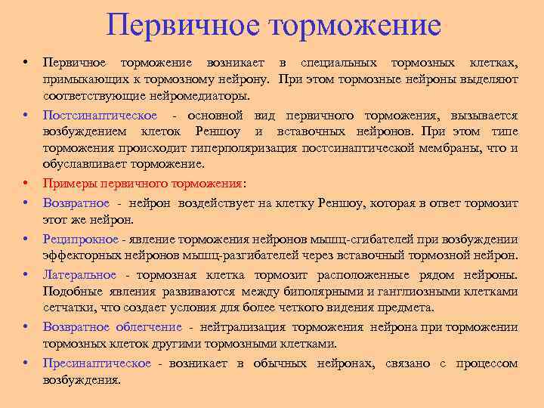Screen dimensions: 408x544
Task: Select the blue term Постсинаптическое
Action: coord(100,116)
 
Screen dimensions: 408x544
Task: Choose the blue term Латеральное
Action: coord(80,274)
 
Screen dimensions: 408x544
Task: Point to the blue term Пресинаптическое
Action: coord(97,363)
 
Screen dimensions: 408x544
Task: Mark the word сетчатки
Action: coord(65,308)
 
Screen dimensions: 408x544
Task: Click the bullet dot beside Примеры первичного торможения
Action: coord(26,184)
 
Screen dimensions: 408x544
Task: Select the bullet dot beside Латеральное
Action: coord(26,274)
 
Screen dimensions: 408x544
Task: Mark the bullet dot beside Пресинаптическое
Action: coord(26,363)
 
